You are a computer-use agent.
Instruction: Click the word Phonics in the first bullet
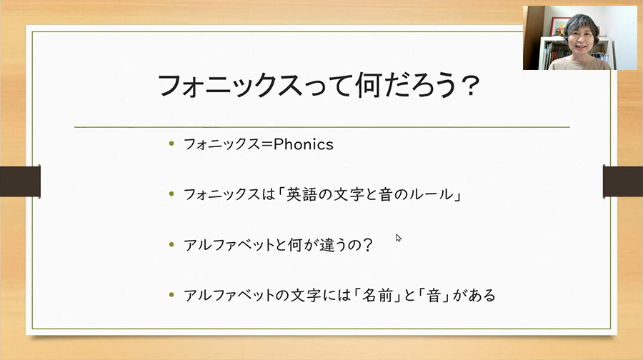303,144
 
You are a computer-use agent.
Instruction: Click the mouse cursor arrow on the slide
398,238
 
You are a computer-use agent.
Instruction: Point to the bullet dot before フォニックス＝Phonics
171,144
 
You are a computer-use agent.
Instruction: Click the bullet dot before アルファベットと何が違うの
171,245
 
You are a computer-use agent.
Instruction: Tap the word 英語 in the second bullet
301,194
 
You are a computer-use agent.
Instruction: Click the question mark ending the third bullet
368,245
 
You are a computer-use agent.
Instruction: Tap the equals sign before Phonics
267,145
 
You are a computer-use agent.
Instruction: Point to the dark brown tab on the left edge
20,181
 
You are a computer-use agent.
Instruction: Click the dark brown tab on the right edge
623,181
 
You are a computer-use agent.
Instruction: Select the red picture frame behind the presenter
559,26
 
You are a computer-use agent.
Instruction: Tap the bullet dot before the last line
171,295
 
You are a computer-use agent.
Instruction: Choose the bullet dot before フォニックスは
171,194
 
